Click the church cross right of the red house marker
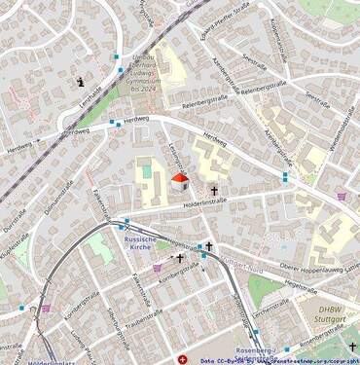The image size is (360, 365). point(214,191)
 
